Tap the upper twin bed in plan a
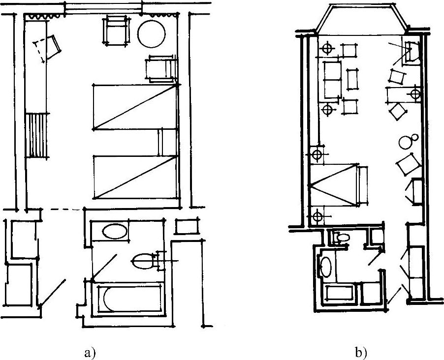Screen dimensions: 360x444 (134, 107)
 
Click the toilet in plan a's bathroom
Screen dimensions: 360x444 (143, 261)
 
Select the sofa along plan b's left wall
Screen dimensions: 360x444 (332, 79)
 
